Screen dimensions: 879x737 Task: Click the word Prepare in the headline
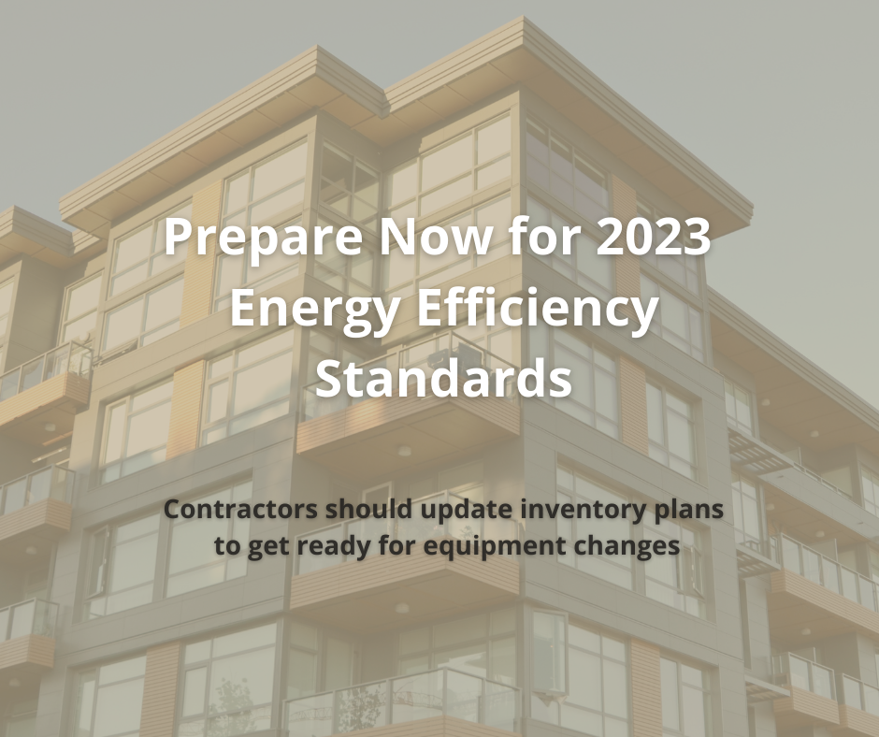[263, 238]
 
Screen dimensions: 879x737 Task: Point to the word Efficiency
[539, 308]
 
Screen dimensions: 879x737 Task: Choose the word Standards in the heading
[443, 378]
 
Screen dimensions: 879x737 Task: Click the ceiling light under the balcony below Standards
[404, 451]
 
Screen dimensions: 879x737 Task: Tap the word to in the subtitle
[227, 546]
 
